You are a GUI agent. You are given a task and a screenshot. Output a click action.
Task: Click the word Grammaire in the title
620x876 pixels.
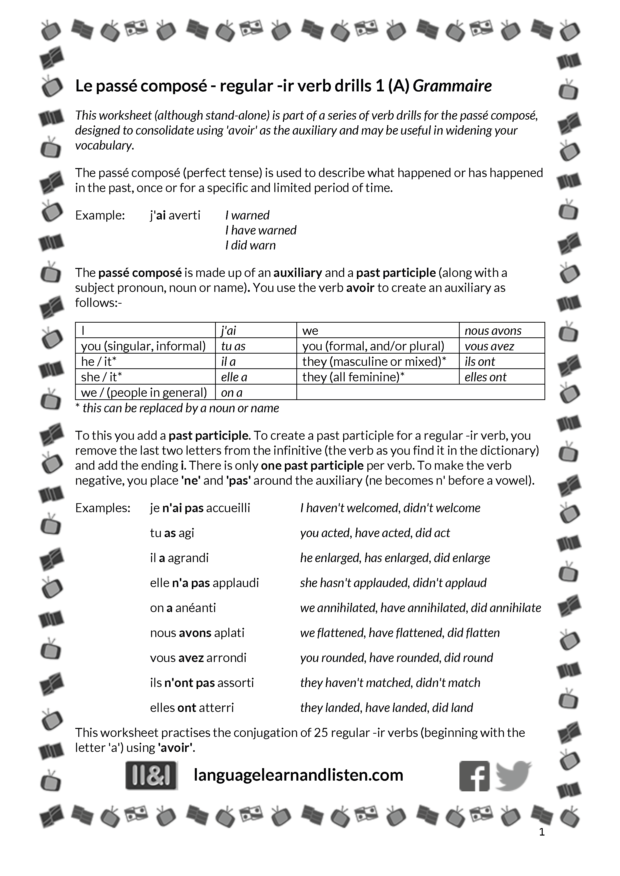coord(452,86)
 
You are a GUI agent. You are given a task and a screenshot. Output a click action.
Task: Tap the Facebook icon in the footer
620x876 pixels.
coord(474,776)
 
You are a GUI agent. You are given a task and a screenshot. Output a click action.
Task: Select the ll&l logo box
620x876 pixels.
coord(152,775)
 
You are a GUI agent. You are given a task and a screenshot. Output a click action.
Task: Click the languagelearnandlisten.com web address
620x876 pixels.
coord(298,775)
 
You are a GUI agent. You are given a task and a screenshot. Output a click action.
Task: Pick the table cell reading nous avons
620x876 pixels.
coord(493,331)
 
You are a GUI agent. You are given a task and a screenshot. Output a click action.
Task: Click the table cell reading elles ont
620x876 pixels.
coord(485,377)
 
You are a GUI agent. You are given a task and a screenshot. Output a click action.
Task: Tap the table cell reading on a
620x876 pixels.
coord(232,393)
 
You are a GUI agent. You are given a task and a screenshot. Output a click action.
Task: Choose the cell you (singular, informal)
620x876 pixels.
coord(143,346)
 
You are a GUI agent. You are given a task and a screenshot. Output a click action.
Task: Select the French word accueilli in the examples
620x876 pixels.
coord(228,508)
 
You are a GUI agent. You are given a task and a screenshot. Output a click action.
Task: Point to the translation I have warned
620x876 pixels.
coord(261,230)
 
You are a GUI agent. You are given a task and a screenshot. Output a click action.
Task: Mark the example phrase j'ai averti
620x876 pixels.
coord(175,216)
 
